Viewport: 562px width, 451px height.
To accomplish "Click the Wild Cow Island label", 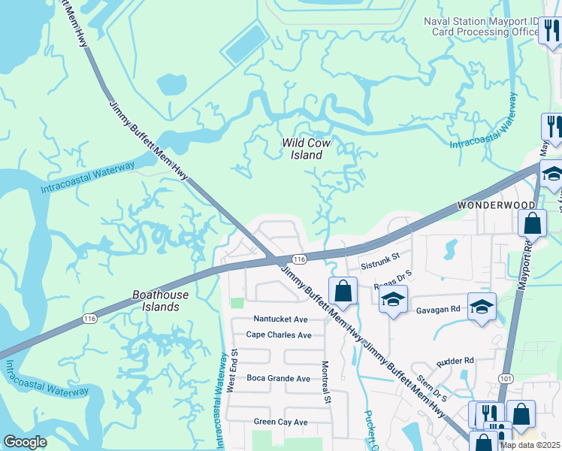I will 306,149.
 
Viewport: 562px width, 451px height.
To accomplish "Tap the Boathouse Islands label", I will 160,301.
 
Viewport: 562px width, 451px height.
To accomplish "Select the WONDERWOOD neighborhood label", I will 496,205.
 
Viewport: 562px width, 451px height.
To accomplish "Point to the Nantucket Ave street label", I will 280,319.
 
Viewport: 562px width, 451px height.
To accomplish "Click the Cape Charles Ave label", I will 279,335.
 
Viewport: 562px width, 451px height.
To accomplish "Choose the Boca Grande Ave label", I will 278,379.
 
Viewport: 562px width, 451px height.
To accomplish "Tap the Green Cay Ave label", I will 280,422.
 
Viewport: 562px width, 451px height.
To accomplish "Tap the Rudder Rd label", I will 454,360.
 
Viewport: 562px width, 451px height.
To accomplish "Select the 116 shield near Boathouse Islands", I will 90,319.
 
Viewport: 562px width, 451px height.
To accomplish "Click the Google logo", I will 25,442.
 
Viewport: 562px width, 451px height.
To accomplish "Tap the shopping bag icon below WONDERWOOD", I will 532,223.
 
